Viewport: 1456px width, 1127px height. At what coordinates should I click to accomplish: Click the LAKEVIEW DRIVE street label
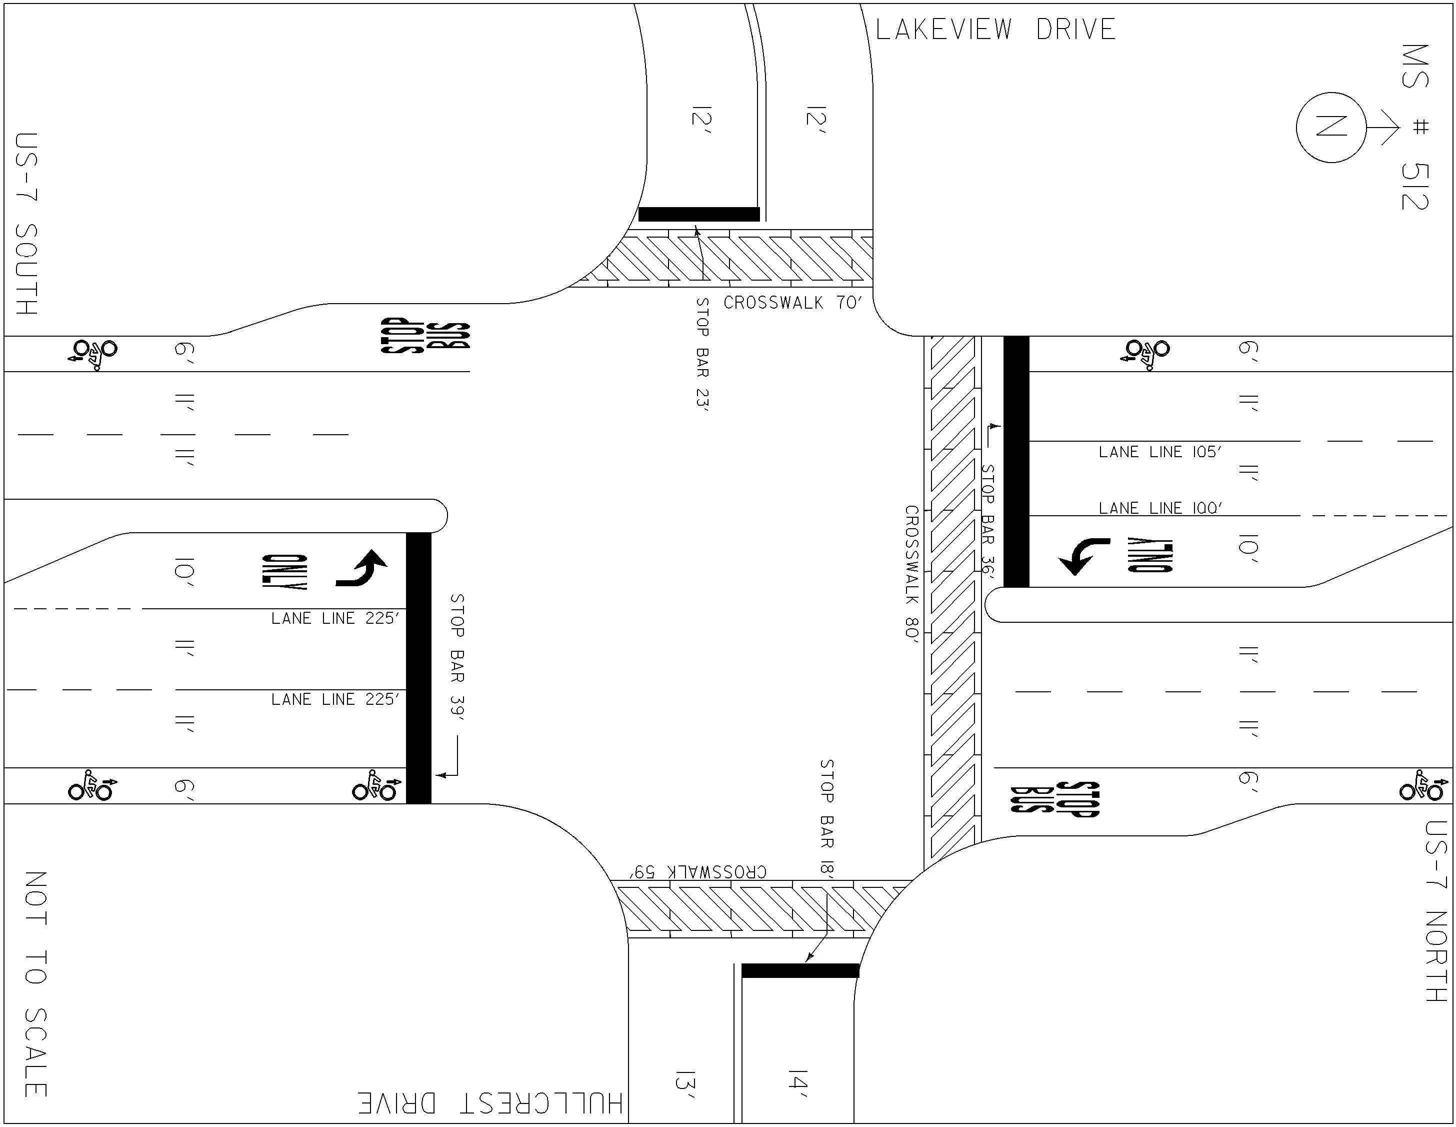click(995, 30)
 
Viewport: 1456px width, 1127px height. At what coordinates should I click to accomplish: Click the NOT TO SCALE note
click(36, 983)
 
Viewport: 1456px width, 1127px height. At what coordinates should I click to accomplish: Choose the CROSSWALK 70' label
click(792, 303)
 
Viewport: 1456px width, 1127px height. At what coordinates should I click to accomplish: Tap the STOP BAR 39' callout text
click(457, 657)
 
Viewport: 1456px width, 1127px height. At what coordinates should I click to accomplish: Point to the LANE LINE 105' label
click(1160, 452)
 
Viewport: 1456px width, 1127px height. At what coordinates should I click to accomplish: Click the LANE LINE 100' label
click(1160, 508)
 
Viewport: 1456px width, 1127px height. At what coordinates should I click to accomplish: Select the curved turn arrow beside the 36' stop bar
click(1084, 556)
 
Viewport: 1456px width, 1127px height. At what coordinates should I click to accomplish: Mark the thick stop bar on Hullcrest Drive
click(800, 970)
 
